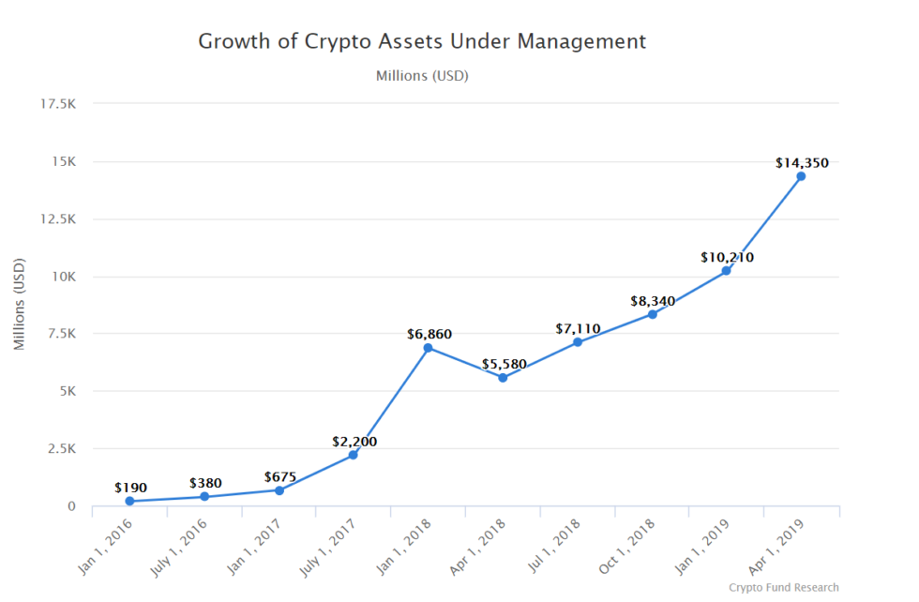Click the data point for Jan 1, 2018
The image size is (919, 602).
coord(428,348)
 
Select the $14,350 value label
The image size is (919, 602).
coord(802,163)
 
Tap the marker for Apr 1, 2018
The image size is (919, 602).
coord(503,378)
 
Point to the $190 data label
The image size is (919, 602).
coord(130,488)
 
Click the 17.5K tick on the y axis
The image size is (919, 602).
coord(58,104)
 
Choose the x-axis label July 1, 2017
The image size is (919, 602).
coord(335,545)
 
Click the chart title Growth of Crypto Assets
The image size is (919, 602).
coord(422,42)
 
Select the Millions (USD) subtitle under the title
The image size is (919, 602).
coord(422,76)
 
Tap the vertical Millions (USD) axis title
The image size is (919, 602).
coord(20,305)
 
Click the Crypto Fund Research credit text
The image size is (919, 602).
coord(783,588)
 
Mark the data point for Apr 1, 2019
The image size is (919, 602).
coord(801,176)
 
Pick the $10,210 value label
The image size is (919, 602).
coord(727,257)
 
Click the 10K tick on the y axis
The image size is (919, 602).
coord(62,277)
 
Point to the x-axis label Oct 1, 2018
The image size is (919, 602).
coord(635,545)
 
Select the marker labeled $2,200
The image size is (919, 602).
coord(354,455)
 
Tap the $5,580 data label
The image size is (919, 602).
coord(503,364)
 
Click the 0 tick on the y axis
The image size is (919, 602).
coord(70,506)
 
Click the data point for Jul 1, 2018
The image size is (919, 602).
coord(578,342)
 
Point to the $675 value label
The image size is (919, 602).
coord(279,476)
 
